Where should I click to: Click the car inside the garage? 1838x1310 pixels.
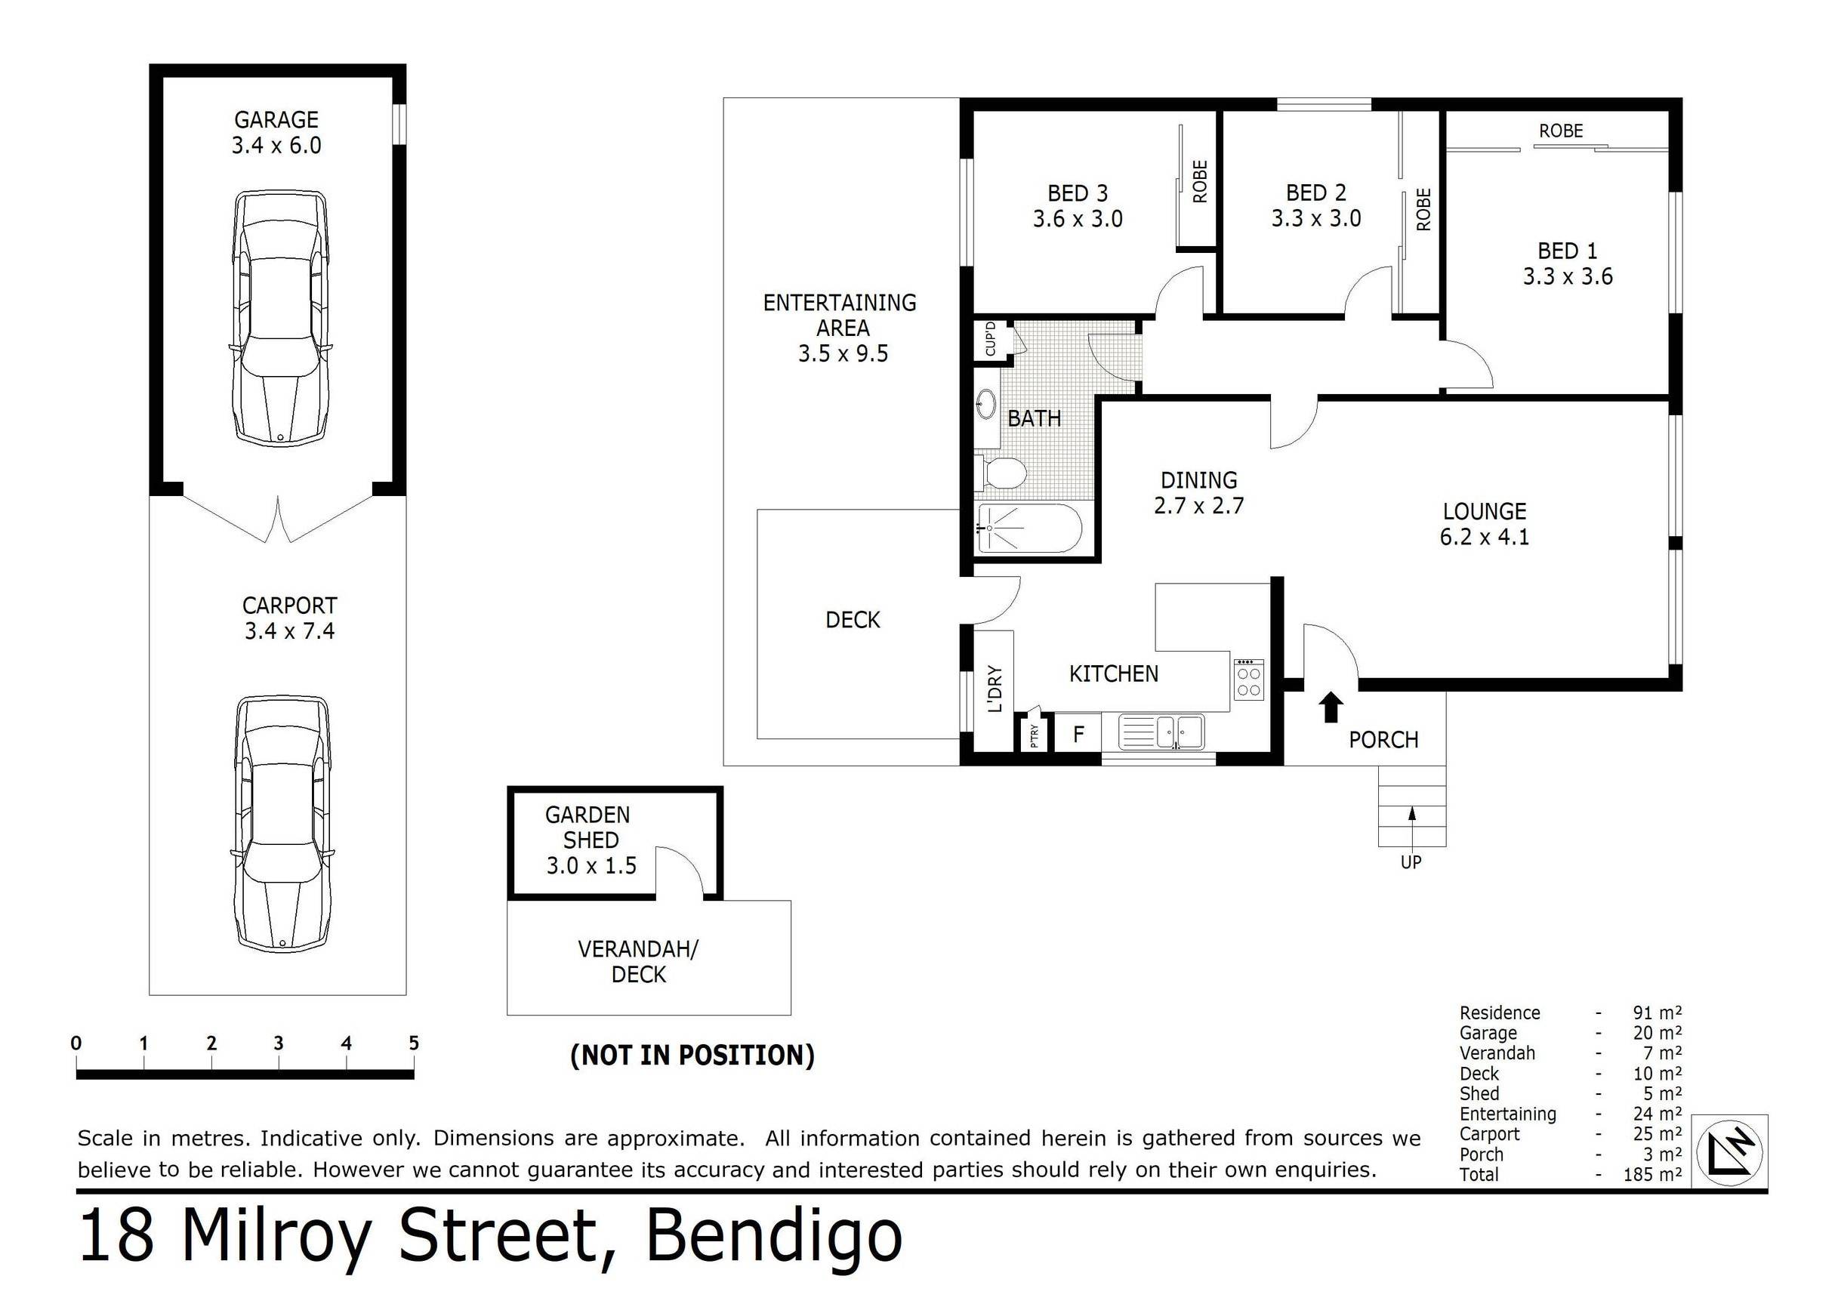click(280, 318)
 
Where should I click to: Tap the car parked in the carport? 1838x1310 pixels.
click(281, 824)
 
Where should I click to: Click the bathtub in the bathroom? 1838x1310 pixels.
click(1028, 529)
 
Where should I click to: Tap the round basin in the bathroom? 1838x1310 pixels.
click(986, 403)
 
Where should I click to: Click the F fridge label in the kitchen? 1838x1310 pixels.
click(1078, 734)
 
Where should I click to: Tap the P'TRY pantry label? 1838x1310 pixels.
click(1035, 735)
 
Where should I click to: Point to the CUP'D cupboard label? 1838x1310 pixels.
click(990, 339)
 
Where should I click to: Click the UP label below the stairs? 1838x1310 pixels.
click(1411, 862)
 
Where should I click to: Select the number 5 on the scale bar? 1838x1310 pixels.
click(413, 1043)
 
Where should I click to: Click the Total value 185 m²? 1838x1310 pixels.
click(1651, 1175)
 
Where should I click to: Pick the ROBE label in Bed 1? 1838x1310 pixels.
click(1560, 131)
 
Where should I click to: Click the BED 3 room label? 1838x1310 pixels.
click(1077, 193)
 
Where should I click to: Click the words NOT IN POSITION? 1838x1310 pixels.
click(692, 1055)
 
